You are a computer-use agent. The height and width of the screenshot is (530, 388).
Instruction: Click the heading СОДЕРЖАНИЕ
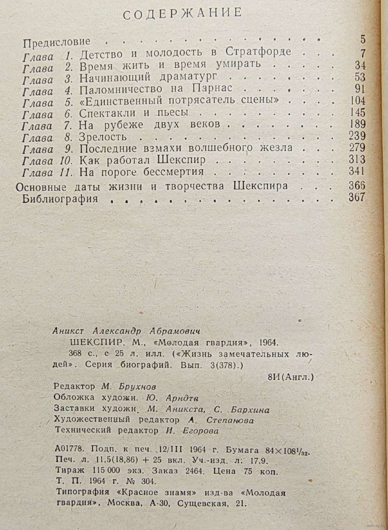tap(183, 13)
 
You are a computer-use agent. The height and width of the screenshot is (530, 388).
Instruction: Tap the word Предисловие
tap(57, 41)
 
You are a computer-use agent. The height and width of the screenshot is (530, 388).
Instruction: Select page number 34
tap(360, 65)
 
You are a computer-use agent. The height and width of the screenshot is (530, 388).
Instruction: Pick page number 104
tap(357, 101)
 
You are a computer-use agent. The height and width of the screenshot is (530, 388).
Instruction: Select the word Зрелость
tap(103, 137)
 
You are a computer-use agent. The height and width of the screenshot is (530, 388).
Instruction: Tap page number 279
tap(357, 148)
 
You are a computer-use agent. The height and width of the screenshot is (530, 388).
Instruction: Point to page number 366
tap(357, 186)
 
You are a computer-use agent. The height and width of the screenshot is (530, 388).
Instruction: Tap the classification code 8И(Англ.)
tap(291, 376)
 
